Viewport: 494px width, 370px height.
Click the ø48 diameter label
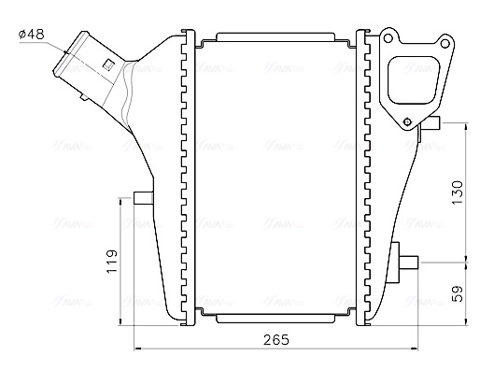click(32, 35)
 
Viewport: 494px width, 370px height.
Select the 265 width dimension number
click(275, 338)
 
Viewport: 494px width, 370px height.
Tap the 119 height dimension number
click(112, 262)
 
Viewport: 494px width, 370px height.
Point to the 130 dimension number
click(457, 192)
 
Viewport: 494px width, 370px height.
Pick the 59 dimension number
click(457, 293)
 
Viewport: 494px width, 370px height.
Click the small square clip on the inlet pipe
click(110, 64)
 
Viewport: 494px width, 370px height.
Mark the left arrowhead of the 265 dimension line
click(139, 349)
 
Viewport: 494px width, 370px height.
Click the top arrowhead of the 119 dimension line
click(122, 202)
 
